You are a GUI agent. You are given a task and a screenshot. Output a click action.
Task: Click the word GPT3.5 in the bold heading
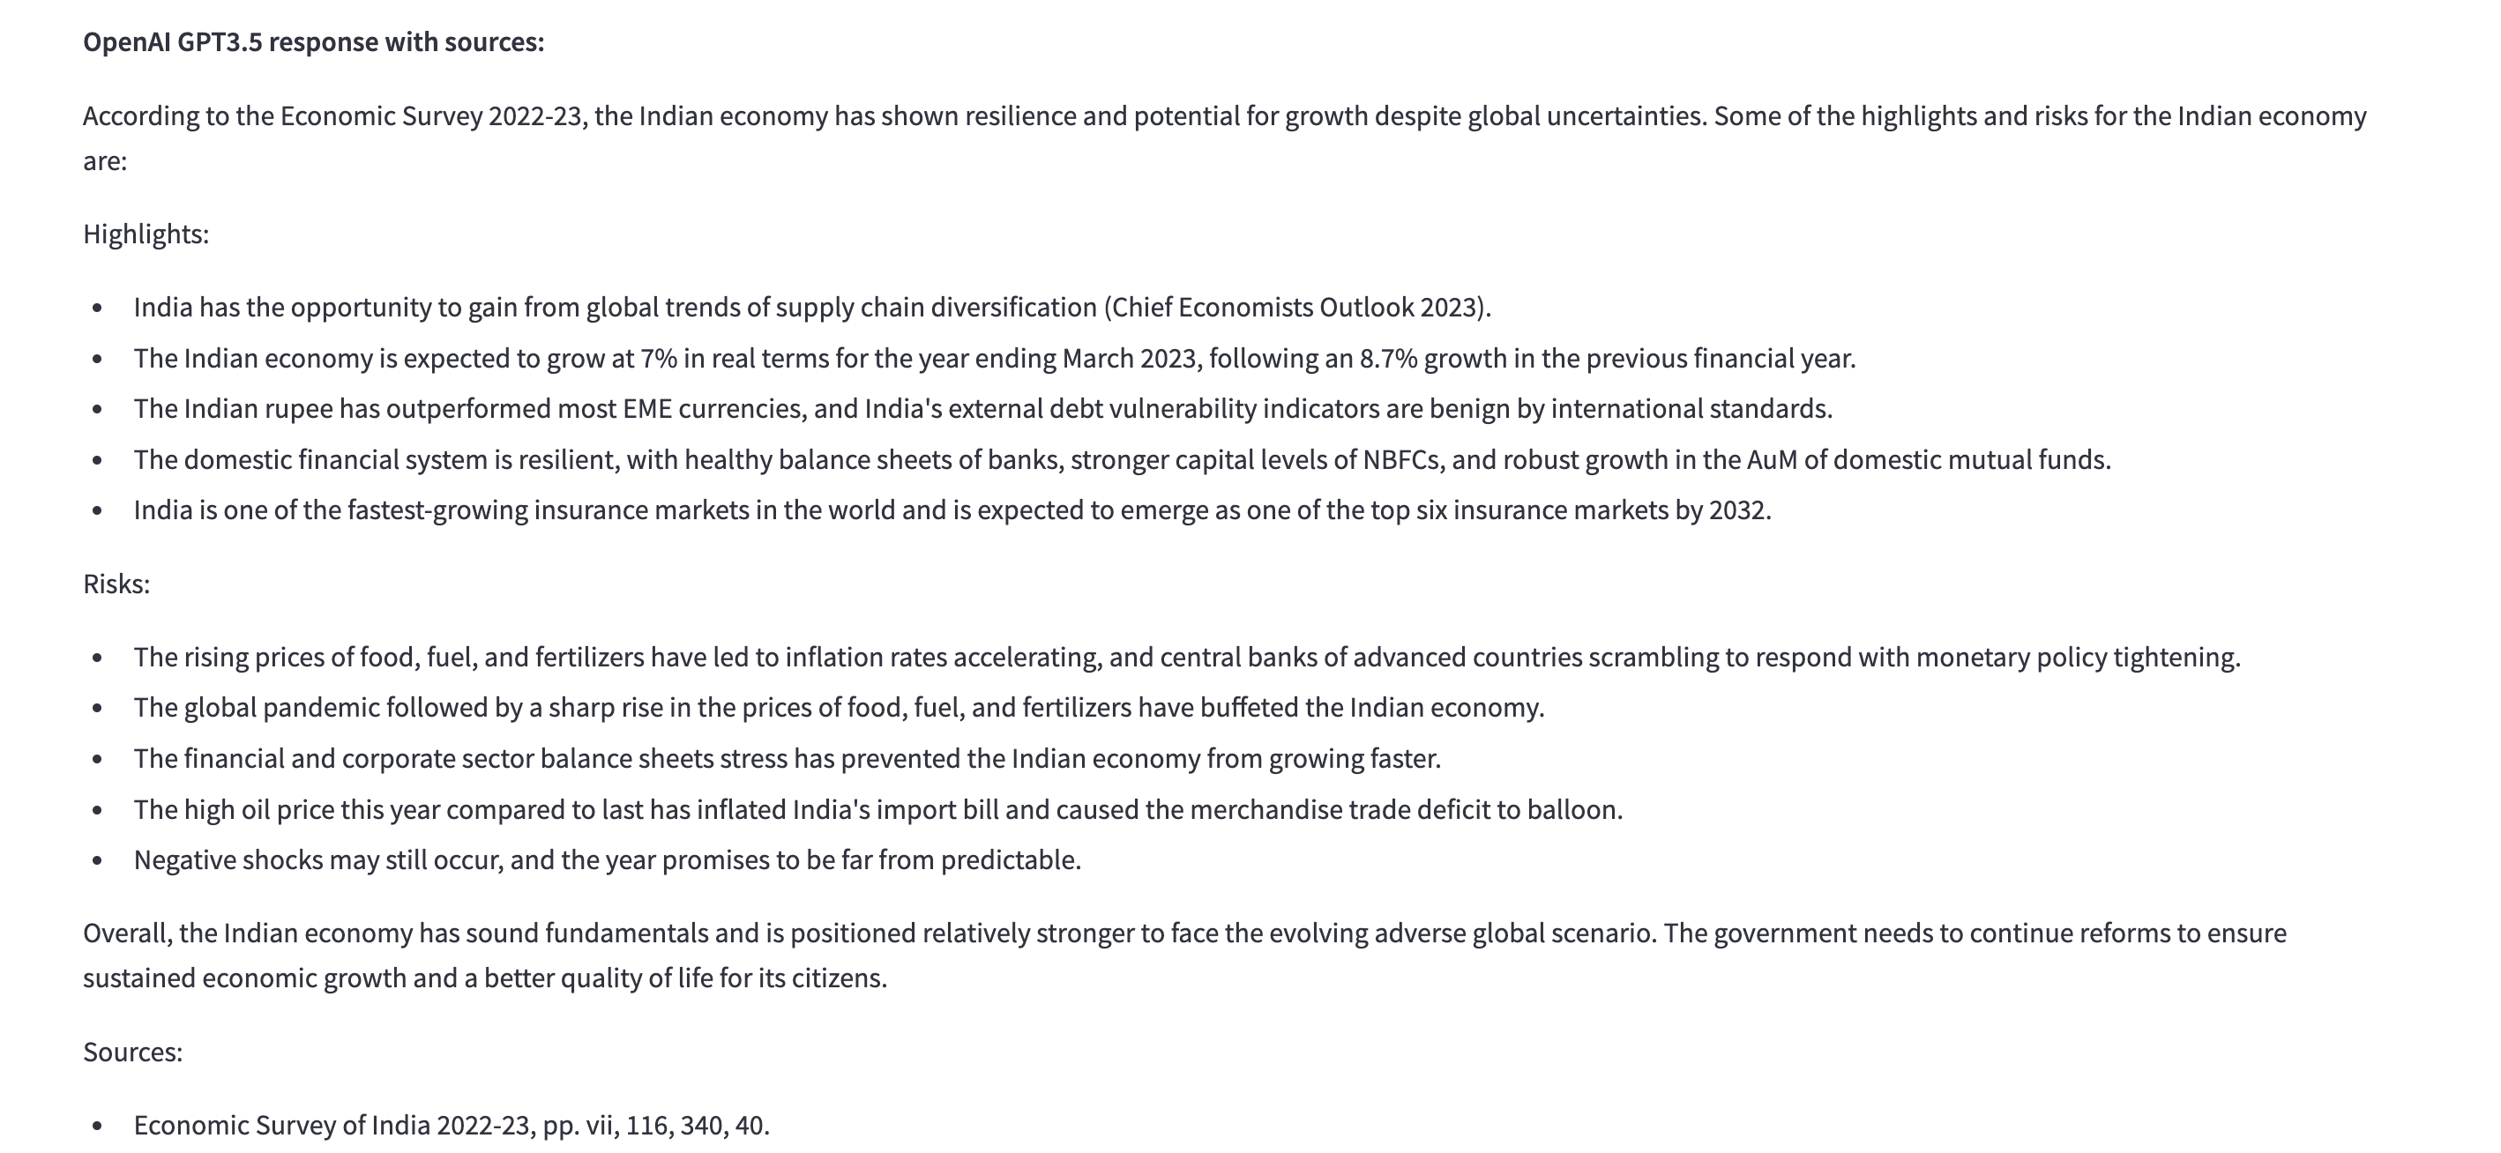[220, 42]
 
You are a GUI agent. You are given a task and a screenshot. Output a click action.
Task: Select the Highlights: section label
[146, 234]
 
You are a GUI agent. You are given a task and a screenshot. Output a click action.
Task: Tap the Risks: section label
[116, 584]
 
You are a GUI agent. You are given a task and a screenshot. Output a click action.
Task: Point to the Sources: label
[133, 1052]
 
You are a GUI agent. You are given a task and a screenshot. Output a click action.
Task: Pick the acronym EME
[647, 409]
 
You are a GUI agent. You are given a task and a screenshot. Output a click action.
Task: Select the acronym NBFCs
[1402, 459]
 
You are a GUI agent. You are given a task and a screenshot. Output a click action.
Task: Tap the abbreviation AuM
[1772, 459]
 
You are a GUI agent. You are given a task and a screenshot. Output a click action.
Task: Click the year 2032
[1737, 510]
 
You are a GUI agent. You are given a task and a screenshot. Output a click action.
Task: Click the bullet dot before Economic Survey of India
[97, 1126]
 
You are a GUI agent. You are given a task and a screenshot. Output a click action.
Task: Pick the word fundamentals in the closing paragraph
[626, 933]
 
